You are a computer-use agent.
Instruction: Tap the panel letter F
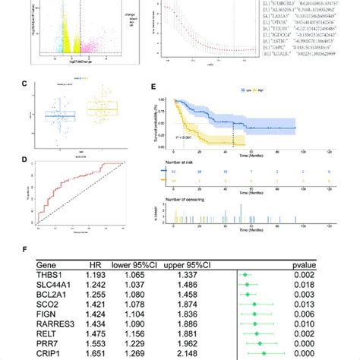click(x=27, y=246)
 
